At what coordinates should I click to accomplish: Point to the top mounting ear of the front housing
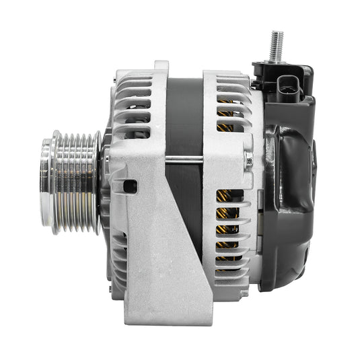[x=161, y=67]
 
